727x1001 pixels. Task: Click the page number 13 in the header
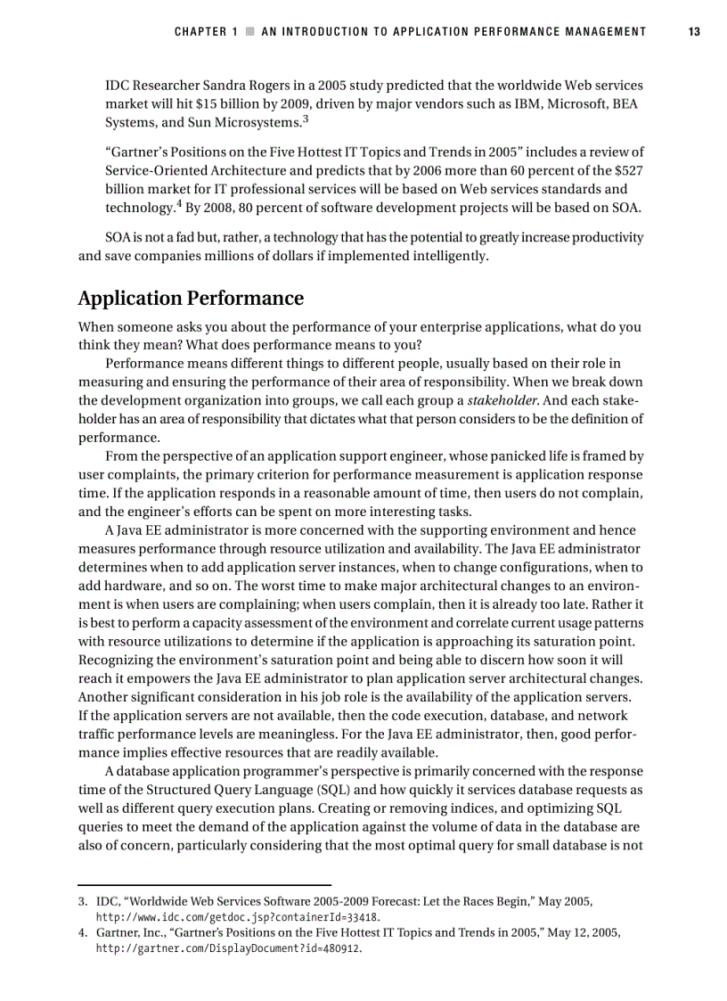click(x=694, y=32)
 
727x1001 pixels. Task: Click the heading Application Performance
click(x=191, y=298)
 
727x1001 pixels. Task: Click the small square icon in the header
click(x=250, y=32)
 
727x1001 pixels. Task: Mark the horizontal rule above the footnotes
click(x=204, y=884)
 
